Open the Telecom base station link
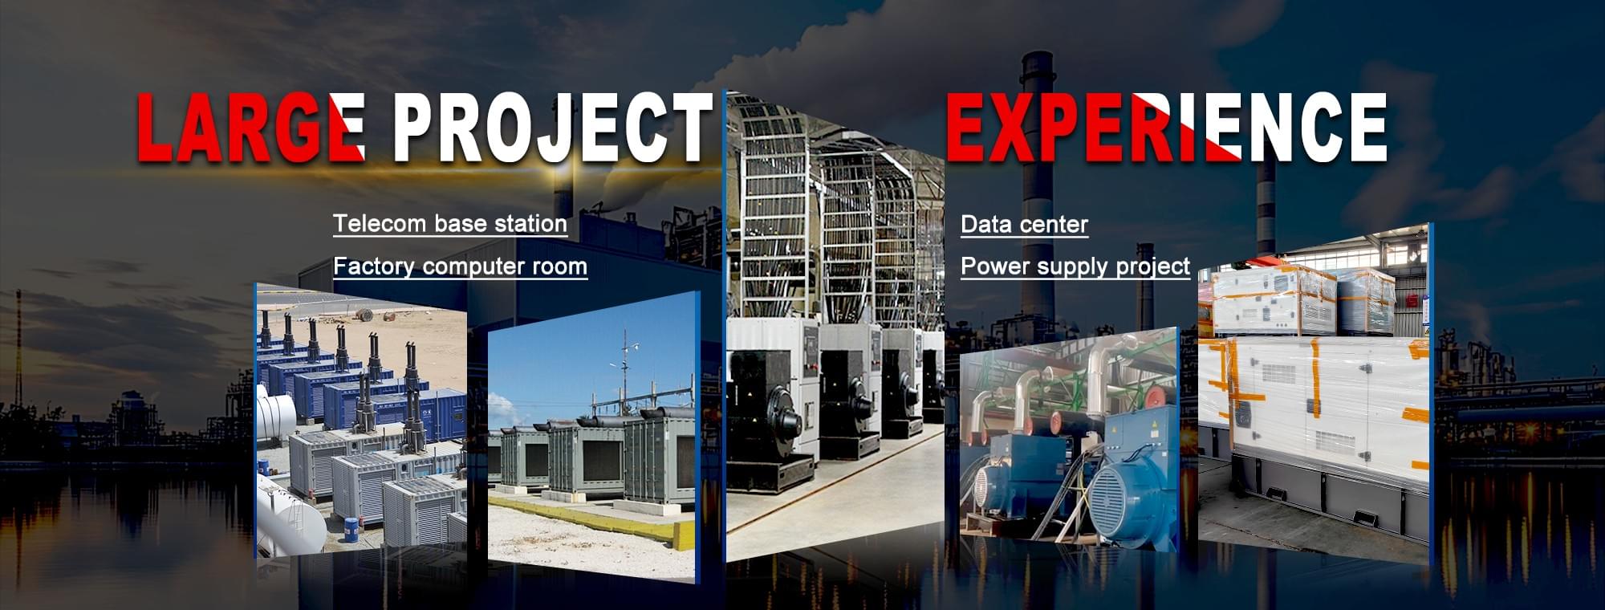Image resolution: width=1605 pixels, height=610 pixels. tap(450, 224)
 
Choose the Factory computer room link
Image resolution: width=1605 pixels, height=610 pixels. tap(460, 266)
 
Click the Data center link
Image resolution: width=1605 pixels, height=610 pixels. tap(1024, 224)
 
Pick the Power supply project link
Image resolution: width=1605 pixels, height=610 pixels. tap(1075, 266)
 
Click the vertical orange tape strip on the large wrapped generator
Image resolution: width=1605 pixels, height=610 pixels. tap(1315, 377)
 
